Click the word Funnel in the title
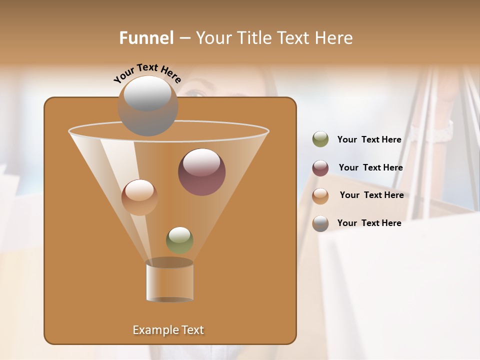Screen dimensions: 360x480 (x=146, y=38)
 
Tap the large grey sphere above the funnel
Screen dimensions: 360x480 (x=147, y=106)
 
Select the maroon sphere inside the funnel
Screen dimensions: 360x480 (x=201, y=172)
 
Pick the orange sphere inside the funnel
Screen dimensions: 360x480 (x=139, y=197)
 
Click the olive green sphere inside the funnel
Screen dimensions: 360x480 (x=179, y=240)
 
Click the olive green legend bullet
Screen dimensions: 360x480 (x=320, y=139)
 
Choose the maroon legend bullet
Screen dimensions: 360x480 (x=320, y=168)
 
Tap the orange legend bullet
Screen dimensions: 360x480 (x=320, y=195)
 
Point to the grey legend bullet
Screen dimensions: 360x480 (x=320, y=223)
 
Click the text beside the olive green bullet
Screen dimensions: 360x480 (x=369, y=140)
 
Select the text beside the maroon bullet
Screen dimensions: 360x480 (x=370, y=168)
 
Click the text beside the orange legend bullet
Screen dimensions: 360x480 (x=371, y=195)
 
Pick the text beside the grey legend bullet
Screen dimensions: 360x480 (x=369, y=223)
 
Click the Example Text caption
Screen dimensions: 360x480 (x=168, y=330)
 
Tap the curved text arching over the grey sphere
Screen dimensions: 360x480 (x=147, y=72)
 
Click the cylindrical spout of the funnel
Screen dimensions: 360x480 (x=169, y=281)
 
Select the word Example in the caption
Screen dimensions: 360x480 (x=151, y=330)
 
